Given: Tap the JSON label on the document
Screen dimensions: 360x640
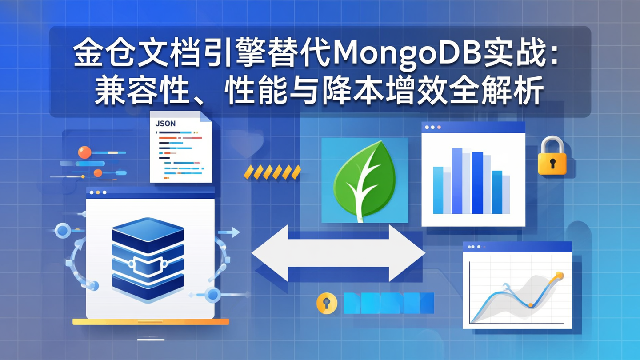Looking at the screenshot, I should point(165,123).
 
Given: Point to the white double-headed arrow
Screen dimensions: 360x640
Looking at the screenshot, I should point(338,253).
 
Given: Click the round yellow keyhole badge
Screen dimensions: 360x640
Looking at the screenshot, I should point(327,304).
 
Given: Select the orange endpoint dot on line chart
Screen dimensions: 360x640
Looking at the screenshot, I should point(559,276).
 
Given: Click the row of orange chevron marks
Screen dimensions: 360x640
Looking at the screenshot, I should point(272,172).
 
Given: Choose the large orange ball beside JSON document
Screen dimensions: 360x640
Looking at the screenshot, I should point(84,152).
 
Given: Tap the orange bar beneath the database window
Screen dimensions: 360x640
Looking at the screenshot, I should point(151,321).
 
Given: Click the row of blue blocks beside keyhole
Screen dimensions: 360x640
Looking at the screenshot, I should point(388,303).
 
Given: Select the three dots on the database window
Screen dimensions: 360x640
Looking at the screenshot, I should point(98,192).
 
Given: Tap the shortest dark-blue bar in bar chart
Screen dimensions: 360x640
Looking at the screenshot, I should point(497,192).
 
